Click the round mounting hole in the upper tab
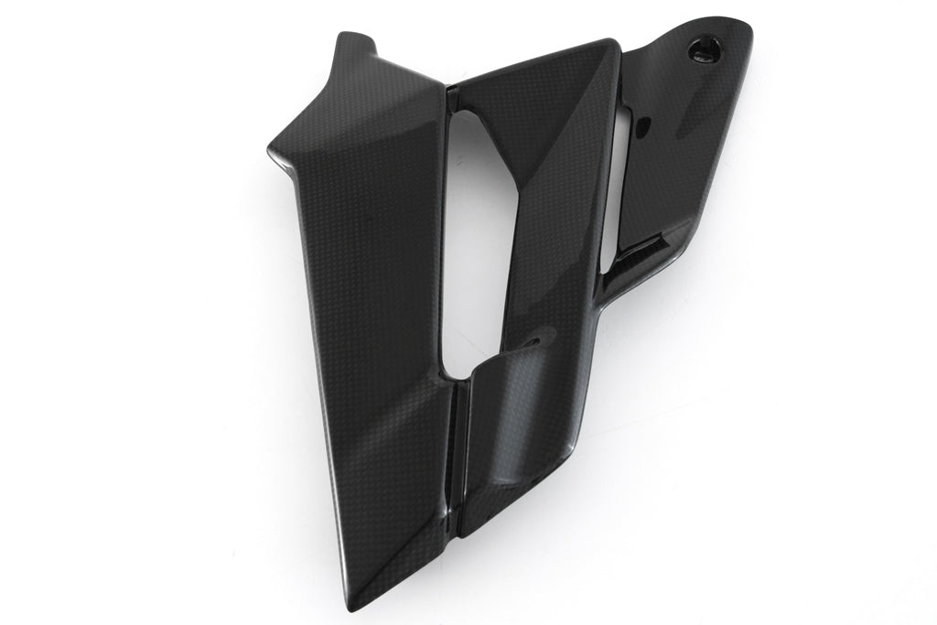(705, 48)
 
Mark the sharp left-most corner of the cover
(271, 149)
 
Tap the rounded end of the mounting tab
(742, 37)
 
